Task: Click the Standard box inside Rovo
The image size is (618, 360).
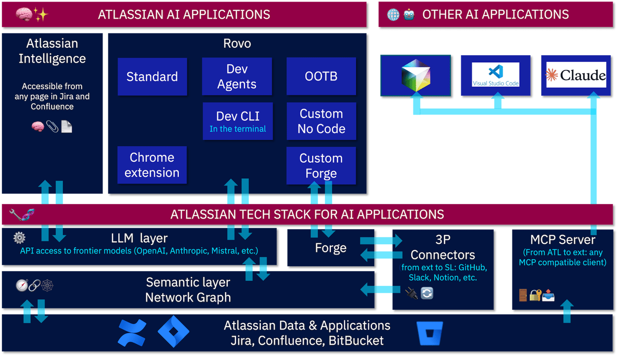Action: coord(152,77)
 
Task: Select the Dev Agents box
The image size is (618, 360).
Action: coord(237,77)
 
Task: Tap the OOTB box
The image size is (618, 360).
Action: coord(321,77)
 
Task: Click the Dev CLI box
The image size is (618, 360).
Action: coord(237,121)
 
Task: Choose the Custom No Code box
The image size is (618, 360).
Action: coord(321,121)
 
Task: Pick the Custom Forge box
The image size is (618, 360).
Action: coord(321,166)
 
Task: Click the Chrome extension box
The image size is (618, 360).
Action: coord(152,165)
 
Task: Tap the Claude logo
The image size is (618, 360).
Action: coord(576,75)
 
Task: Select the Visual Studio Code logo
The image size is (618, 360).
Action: coord(495,75)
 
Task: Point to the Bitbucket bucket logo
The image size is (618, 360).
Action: coord(430,334)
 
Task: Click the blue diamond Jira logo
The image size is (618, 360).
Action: coord(173,331)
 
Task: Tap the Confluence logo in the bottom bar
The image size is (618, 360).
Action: coord(132,332)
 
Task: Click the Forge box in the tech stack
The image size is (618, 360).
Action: coord(331,248)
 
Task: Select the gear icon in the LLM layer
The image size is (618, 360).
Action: coord(19,238)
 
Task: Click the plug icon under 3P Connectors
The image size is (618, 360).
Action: coord(411,293)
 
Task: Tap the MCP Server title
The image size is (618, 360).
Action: coord(562,240)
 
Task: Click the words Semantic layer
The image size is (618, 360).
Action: coord(188,282)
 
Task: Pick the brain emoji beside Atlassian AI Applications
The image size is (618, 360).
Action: coord(23,14)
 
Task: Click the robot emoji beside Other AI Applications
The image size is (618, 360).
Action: coord(409,14)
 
